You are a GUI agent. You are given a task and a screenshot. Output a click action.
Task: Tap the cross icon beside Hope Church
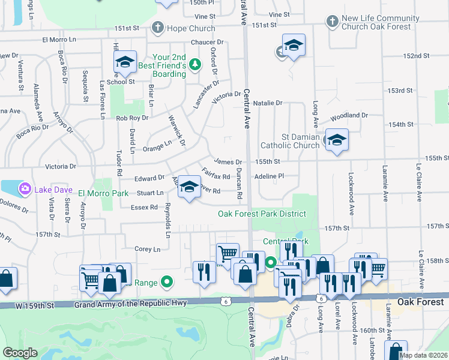coord(157,27)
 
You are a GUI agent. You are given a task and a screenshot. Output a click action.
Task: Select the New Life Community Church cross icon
coord(333,22)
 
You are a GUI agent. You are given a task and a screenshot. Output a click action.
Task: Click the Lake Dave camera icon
coord(25,190)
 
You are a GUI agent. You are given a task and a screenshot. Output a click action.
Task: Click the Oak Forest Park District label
coord(262,214)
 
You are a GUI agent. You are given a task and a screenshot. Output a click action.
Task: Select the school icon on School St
coord(125,62)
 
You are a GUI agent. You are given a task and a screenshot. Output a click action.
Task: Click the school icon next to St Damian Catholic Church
coord(337,140)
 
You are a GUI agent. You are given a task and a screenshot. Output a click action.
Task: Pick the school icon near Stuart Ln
coord(189,187)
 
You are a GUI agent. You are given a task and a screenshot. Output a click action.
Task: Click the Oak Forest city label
coord(421,301)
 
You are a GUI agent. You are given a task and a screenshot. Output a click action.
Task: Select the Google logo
coord(20,353)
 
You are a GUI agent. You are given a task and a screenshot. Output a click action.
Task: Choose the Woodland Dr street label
coord(349,115)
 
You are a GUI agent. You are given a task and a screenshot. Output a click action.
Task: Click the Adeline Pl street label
coord(269,176)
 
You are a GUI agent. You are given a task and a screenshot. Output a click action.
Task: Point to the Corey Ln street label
coord(148,249)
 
